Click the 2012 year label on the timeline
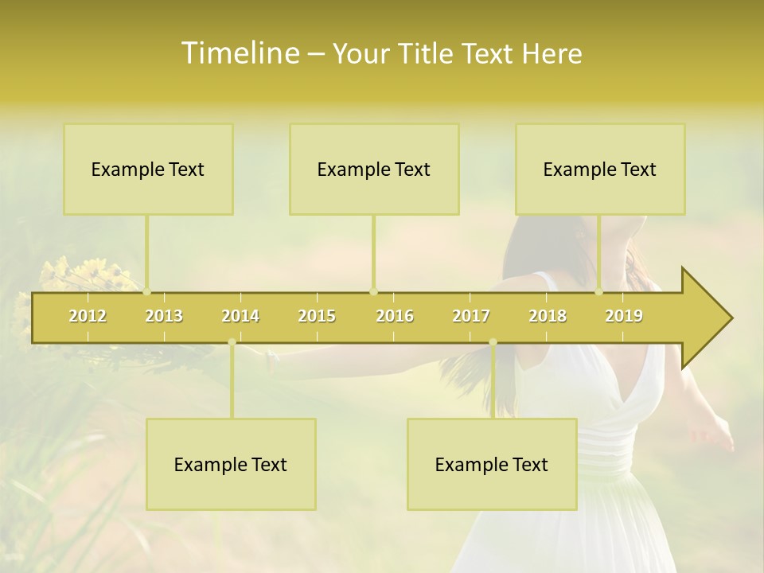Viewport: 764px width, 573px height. point(88,316)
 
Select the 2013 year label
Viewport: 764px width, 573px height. point(164,316)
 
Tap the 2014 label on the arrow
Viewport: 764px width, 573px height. point(240,316)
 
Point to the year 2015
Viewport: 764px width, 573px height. point(317,316)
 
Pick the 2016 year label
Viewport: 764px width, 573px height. point(395,316)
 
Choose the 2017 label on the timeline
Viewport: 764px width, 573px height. point(471,316)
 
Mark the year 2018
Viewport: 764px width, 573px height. point(548,316)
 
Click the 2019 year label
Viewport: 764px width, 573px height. point(624,316)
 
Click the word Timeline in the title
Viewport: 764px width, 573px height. point(239,53)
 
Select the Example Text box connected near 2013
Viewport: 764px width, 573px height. point(148,169)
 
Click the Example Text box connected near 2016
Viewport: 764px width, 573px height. point(374,169)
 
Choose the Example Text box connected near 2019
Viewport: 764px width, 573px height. point(600,169)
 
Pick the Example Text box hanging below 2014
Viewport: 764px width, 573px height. point(231,464)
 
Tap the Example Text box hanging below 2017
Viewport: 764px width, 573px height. point(492,464)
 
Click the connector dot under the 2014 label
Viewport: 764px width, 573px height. point(232,342)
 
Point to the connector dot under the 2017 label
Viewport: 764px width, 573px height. point(493,342)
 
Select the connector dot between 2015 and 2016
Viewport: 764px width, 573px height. point(373,291)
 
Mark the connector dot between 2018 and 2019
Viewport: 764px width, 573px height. point(599,291)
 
